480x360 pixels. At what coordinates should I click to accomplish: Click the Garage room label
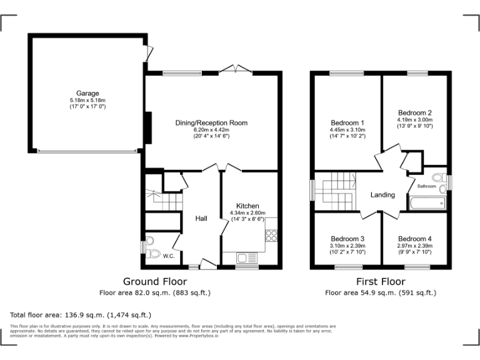87,93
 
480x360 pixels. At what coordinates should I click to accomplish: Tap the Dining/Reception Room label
211,123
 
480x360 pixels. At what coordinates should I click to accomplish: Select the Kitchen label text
247,206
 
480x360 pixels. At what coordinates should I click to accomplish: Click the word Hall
201,218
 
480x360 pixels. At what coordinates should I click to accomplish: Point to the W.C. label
169,256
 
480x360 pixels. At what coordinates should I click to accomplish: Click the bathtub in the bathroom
427,202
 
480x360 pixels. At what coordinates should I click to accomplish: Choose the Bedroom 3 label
347,239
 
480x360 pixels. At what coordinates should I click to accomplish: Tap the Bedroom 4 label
414,239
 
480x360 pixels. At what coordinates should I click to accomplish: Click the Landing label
382,195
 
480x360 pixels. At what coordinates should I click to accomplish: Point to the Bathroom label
426,186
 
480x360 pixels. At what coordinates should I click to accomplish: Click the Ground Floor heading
154,282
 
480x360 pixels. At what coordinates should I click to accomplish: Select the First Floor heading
381,282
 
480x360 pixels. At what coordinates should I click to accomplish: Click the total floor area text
81,314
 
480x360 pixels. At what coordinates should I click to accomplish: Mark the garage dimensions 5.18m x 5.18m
87,101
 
